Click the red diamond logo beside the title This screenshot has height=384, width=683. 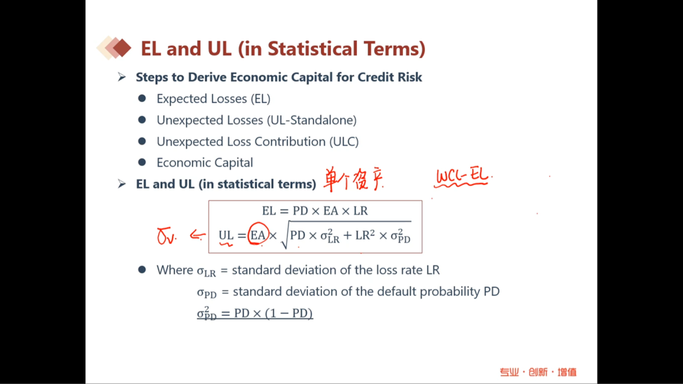tap(114, 47)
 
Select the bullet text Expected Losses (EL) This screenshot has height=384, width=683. tap(213, 99)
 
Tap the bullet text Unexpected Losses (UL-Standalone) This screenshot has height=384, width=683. tap(257, 120)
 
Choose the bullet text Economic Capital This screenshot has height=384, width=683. tap(205, 163)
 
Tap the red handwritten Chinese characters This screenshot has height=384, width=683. tap(354, 179)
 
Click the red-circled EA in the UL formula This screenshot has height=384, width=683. tap(258, 235)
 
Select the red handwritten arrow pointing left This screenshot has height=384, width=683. tap(197, 235)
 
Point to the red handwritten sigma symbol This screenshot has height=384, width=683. tap(166, 237)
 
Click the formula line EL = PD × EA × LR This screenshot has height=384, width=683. tap(315, 211)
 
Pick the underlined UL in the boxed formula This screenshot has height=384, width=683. tap(226, 235)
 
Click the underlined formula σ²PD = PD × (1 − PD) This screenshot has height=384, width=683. tap(255, 313)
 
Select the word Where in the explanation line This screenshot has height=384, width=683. tap(175, 270)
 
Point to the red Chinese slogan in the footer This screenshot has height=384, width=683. tap(538, 372)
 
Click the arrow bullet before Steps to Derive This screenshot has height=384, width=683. tap(121, 77)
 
